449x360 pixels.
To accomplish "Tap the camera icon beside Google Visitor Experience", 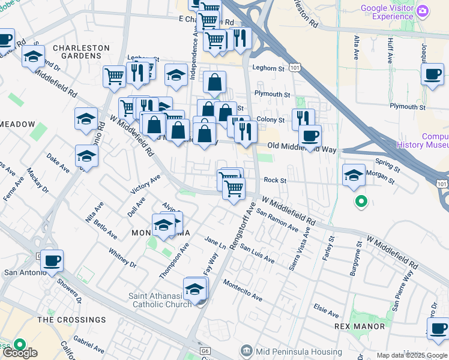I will tap(423, 11).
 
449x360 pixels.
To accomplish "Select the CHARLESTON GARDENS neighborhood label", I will tap(81, 52).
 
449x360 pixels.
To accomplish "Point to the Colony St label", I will tap(271, 120).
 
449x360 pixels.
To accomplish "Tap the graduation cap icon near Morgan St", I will tap(354, 175).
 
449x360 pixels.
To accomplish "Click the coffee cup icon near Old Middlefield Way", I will tap(310, 136).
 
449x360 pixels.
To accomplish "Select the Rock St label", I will tap(275, 180).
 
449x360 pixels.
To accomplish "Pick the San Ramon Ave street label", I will tap(277, 220).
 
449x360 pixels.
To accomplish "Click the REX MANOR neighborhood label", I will tap(360, 326).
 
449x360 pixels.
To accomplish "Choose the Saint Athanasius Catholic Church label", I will tap(160, 300).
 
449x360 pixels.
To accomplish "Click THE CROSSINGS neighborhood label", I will tap(71, 320).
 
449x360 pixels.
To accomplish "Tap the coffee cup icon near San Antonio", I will tap(52, 260).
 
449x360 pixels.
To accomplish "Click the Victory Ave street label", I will tap(146, 184).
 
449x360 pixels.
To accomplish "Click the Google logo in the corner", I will tap(19, 353).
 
